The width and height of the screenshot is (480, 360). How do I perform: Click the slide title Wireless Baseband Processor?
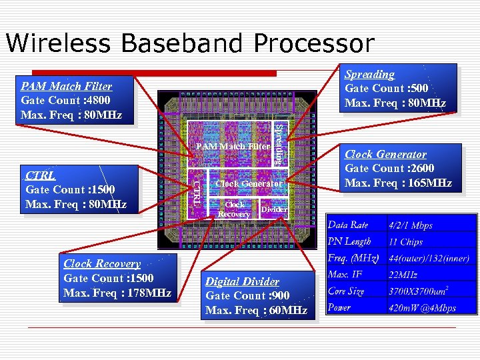tap(190, 43)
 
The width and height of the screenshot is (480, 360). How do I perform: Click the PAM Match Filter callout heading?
tap(67, 86)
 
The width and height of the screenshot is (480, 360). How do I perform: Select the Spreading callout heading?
tap(369, 75)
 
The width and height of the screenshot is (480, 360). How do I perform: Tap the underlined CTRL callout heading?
tap(40, 176)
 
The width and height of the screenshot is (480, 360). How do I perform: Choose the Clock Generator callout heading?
tap(385, 155)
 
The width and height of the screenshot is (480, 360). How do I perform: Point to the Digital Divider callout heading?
tap(242, 282)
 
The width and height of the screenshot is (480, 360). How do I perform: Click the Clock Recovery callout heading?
tap(102, 264)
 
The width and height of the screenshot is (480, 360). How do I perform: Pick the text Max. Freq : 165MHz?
tap(398, 183)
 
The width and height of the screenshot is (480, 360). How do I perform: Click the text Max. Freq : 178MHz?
tap(117, 293)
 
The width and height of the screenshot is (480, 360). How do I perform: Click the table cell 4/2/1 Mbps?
tap(411, 225)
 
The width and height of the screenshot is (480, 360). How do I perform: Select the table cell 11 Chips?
tap(405, 242)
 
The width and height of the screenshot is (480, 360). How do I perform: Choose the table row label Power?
tap(339, 308)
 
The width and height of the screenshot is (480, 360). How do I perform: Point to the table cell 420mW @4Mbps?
tap(423, 308)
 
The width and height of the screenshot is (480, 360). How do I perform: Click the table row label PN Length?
tap(349, 241)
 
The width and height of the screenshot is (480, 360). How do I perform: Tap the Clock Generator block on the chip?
tap(249, 183)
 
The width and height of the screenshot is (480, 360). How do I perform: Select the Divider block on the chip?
tap(273, 209)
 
